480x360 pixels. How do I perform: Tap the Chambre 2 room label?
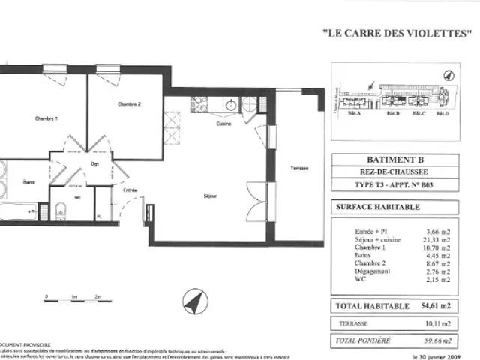pos(129,104)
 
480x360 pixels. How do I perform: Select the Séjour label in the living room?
pos(210,196)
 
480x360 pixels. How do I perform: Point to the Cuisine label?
pos(223,124)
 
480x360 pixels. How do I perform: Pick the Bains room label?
pos(28,182)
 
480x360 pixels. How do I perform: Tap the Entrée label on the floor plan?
pos(130,190)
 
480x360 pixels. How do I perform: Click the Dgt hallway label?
pos(95,163)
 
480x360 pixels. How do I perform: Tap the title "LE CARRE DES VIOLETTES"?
pos(398,34)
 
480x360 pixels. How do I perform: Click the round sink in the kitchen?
pos(231,104)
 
